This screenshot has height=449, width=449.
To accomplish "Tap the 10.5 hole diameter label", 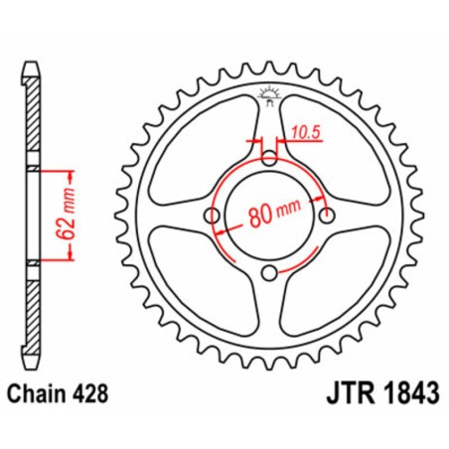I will [x=307, y=129].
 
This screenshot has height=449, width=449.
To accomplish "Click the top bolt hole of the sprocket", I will [x=271, y=158].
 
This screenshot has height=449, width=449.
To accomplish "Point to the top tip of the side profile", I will [x=34, y=71].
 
